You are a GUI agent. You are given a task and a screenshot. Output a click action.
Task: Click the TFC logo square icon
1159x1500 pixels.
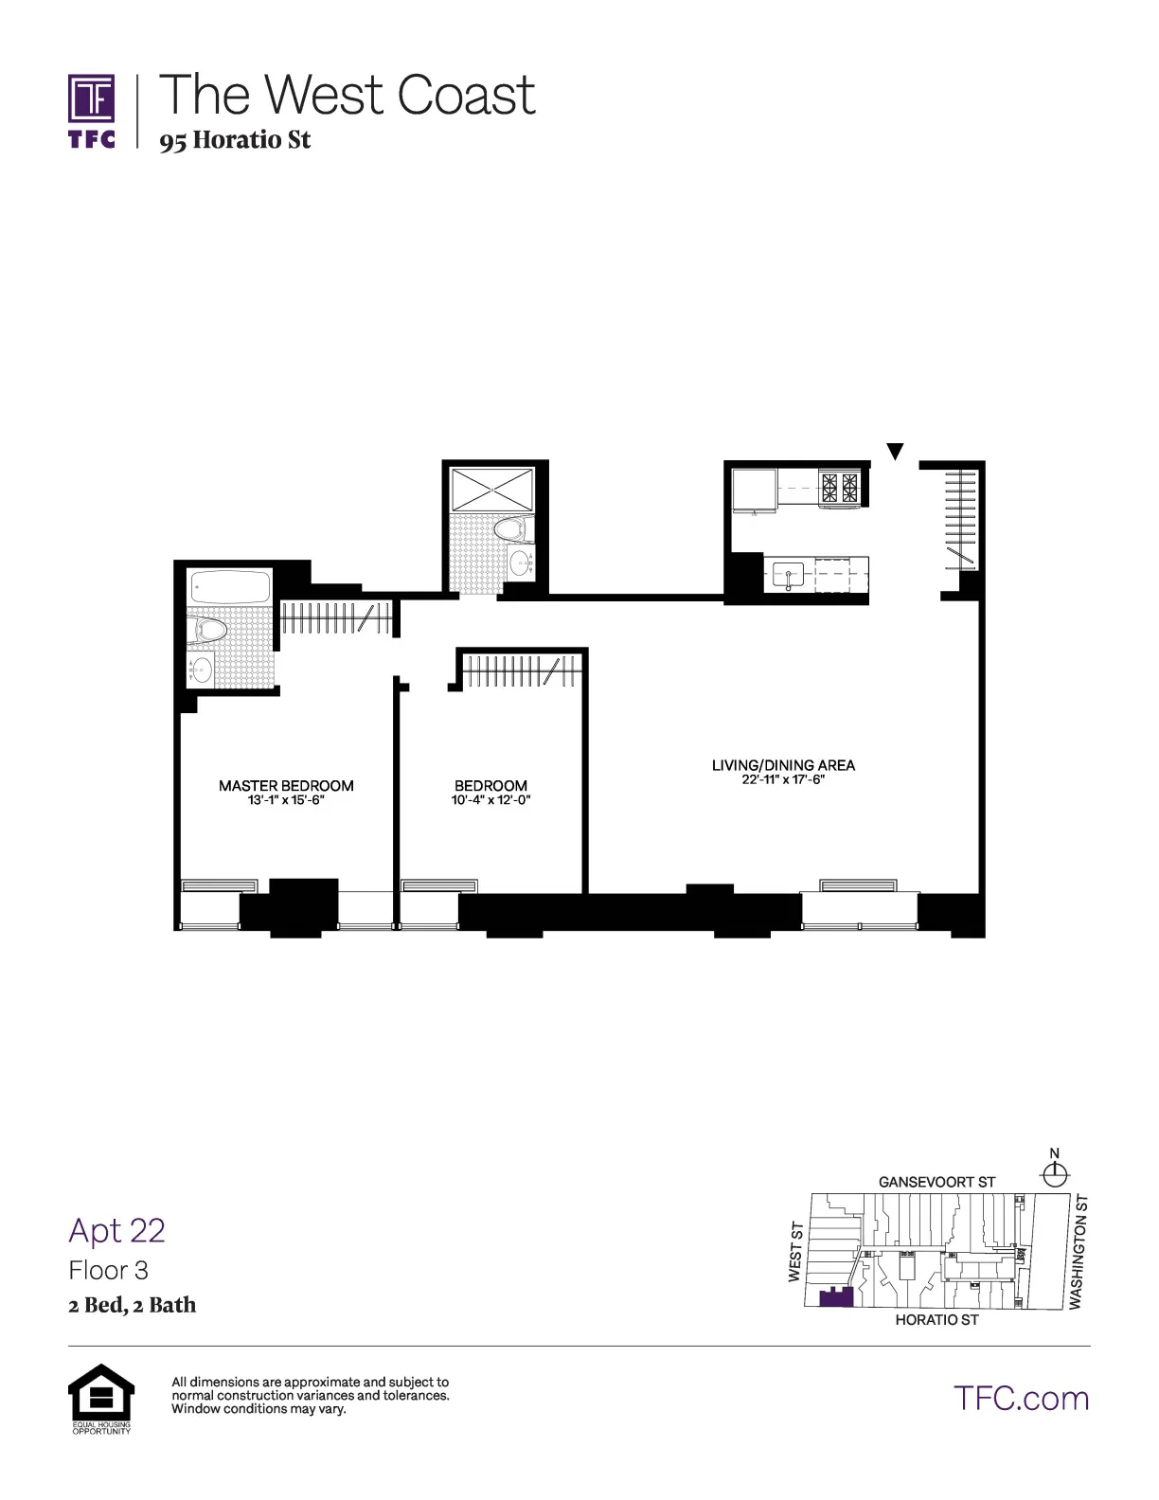92,99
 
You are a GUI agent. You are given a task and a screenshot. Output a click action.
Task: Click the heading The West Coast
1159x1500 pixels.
347,95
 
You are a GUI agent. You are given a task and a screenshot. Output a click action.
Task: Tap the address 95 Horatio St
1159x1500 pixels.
235,141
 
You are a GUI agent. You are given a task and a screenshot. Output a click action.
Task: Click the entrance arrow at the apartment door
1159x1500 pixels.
895,452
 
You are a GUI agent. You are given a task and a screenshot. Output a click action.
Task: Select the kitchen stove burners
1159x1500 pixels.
840,487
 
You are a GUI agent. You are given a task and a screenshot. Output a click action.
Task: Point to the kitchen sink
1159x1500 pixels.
788,574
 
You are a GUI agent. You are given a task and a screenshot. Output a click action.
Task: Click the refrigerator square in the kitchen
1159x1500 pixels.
754,491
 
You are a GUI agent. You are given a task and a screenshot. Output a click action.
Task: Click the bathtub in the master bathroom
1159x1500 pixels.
230,588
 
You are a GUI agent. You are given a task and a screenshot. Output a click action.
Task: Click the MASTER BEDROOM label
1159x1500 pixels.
286,786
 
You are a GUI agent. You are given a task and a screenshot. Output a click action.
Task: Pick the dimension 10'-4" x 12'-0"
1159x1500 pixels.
490,801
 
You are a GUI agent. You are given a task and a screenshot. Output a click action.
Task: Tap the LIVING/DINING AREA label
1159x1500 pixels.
783,765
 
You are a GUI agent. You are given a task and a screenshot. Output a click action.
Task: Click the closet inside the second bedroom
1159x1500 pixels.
520,671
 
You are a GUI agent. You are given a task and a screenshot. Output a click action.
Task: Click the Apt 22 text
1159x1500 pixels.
117,1230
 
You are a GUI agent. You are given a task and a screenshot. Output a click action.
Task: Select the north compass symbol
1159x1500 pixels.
1054,1173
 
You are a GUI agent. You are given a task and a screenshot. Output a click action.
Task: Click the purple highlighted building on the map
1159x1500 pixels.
836,1297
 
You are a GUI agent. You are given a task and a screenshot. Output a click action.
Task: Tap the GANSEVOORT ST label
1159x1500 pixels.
936,1182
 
